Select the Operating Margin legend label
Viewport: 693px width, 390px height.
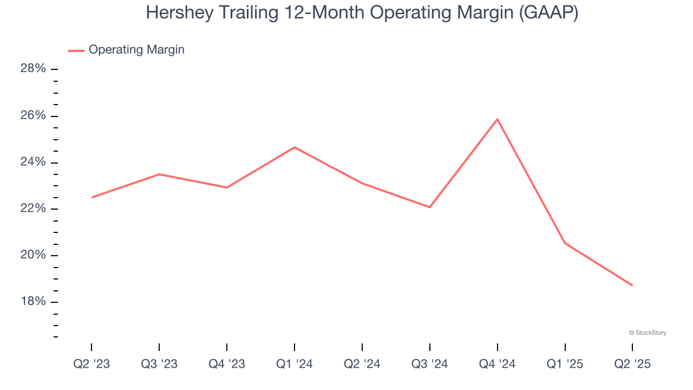pyautogui.click(x=136, y=50)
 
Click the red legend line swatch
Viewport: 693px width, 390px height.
pyautogui.click(x=76, y=50)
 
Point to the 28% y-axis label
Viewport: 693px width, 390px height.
pyautogui.click(x=33, y=69)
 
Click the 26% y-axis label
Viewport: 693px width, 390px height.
pyautogui.click(x=33, y=116)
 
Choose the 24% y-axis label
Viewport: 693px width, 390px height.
pyautogui.click(x=33, y=162)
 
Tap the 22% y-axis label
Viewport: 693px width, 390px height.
pyautogui.click(x=33, y=209)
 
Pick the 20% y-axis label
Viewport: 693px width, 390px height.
pyautogui.click(x=33, y=256)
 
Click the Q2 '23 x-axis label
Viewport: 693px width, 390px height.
pyautogui.click(x=91, y=365)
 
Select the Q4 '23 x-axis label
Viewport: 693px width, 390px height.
pyautogui.click(x=227, y=365)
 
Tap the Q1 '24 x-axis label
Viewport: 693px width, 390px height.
pyautogui.click(x=295, y=365)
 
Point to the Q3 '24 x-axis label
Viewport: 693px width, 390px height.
pyautogui.click(x=430, y=365)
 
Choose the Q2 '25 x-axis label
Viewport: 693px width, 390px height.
pyautogui.click(x=632, y=365)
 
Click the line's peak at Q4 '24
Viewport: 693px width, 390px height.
pyautogui.click(x=497, y=119)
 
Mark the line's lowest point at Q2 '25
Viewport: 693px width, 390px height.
pyautogui.click(x=632, y=285)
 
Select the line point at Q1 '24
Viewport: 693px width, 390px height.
pyautogui.click(x=295, y=147)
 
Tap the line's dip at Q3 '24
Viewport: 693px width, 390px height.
pyautogui.click(x=430, y=207)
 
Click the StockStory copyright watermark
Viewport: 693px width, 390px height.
pyautogui.click(x=648, y=333)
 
